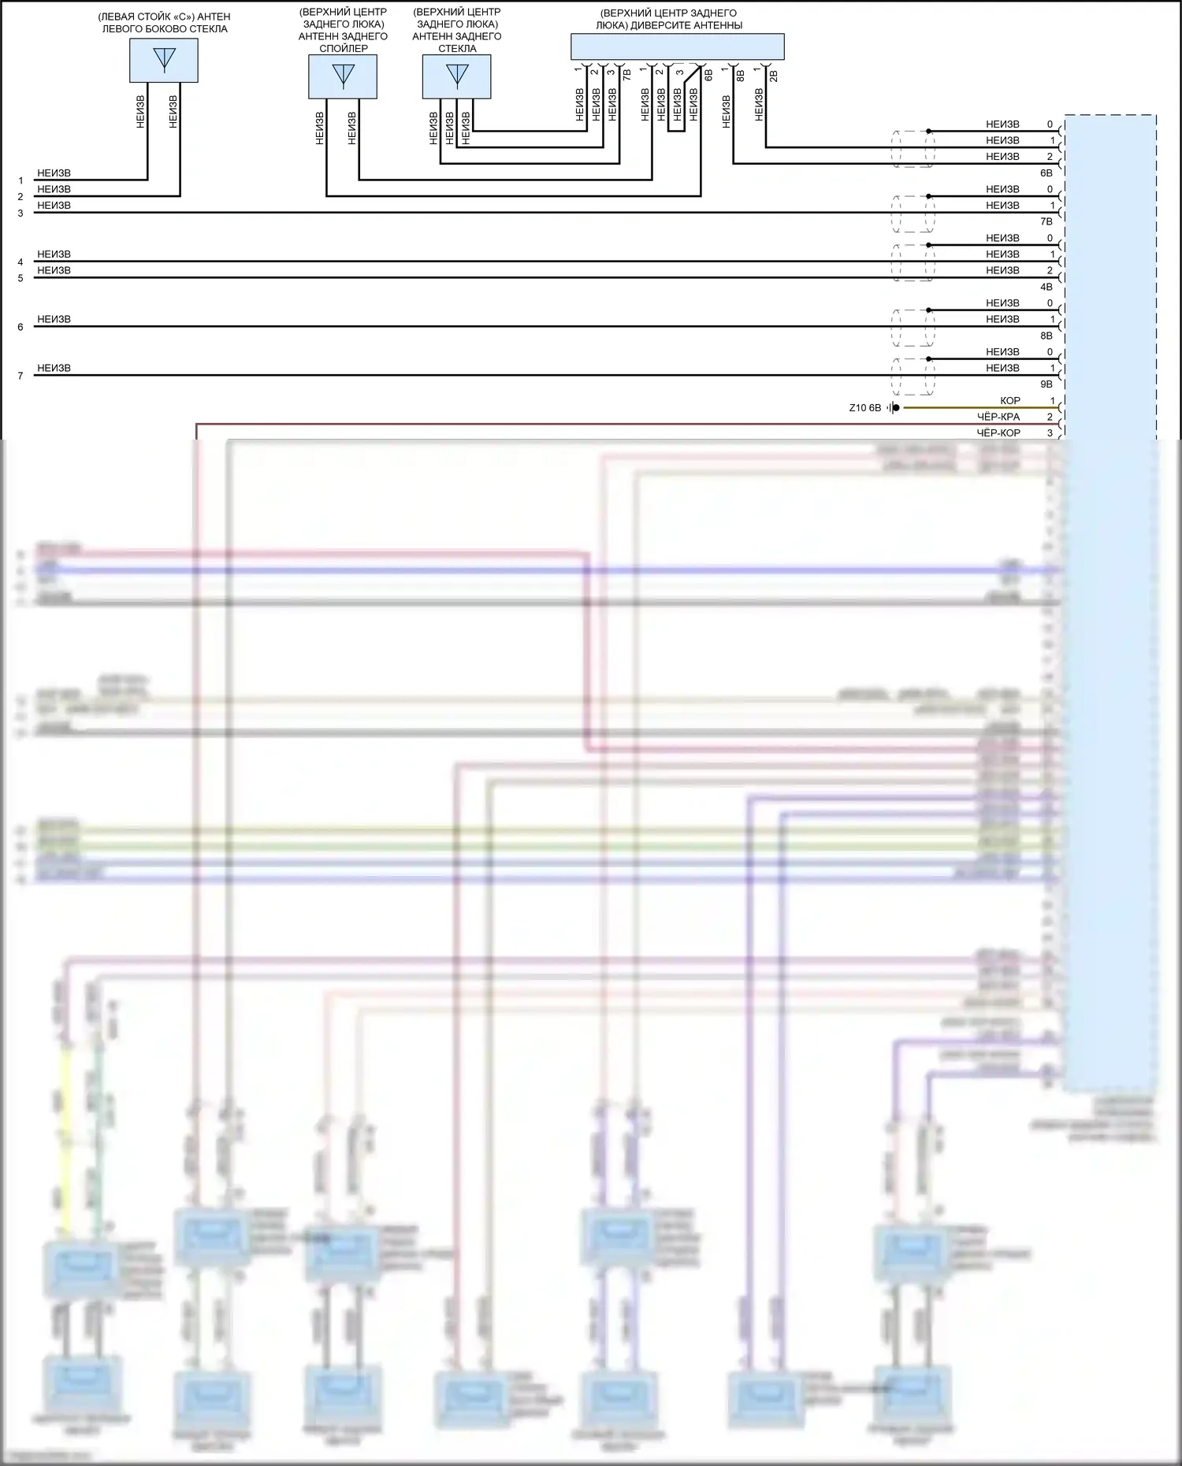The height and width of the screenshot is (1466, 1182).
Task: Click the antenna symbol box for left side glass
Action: point(164,60)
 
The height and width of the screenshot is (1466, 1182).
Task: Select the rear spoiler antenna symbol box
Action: point(343,76)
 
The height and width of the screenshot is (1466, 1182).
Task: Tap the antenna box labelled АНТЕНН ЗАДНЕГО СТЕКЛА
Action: point(457,76)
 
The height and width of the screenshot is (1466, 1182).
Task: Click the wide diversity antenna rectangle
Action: point(677,46)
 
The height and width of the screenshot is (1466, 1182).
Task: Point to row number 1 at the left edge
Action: point(20,180)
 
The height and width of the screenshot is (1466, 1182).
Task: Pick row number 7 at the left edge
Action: point(20,376)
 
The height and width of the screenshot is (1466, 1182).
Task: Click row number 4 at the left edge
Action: point(20,262)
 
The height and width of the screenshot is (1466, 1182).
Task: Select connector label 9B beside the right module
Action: point(1046,384)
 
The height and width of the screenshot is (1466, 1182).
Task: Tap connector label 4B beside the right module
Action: point(1046,287)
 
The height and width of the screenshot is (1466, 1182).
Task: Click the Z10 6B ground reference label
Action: point(864,408)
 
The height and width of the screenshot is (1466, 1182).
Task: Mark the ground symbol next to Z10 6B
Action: point(894,408)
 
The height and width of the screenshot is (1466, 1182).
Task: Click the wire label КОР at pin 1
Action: point(1009,401)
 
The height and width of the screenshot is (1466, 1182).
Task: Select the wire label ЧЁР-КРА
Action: point(998,417)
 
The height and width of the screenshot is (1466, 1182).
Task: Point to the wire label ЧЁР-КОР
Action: point(998,433)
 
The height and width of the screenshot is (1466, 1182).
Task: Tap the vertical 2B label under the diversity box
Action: point(774,76)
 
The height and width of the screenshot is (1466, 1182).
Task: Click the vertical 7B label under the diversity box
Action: point(627,76)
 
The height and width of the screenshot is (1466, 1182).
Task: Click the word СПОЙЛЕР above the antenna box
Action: point(344,48)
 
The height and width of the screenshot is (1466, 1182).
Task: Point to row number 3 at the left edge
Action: point(20,213)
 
